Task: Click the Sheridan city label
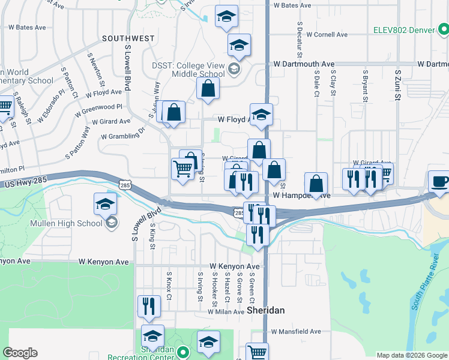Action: (x=265, y=310)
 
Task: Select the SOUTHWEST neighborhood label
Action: (x=128, y=38)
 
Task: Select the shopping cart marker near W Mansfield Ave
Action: (x=257, y=352)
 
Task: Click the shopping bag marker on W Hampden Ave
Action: (x=316, y=184)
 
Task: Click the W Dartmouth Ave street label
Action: (x=303, y=64)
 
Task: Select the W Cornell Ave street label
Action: (x=327, y=35)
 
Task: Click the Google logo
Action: (x=20, y=352)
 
